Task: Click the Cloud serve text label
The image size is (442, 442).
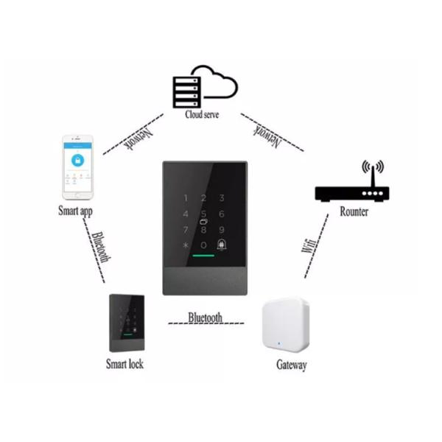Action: pyautogui.click(x=202, y=116)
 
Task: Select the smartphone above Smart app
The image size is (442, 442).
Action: pyautogui.click(x=77, y=167)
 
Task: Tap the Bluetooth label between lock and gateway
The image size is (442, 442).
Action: pyautogui.click(x=205, y=318)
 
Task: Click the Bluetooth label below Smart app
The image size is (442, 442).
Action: pyautogui.click(x=102, y=247)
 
